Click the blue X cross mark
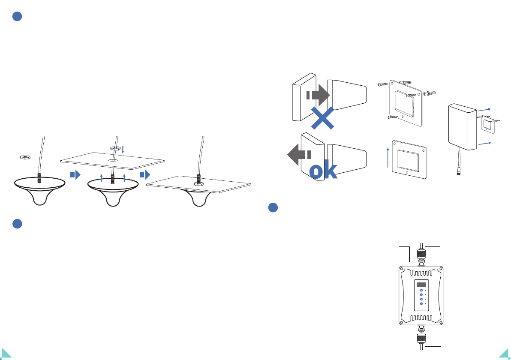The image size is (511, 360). pyautogui.click(x=322, y=118)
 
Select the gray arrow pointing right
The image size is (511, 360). pyautogui.click(x=318, y=95)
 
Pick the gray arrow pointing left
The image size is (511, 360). pyautogui.click(x=299, y=155)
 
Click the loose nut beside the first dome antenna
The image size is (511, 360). pyautogui.click(x=25, y=157)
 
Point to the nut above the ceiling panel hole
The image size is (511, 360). pyautogui.click(x=115, y=148)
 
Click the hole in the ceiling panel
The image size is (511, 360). pyautogui.click(x=113, y=160)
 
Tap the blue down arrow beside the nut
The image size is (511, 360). pyautogui.click(x=123, y=150)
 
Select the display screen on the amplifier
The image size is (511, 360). pyautogui.click(x=421, y=285)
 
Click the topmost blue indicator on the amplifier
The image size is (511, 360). pyautogui.click(x=421, y=290)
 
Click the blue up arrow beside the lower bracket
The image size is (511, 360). pyautogui.click(x=388, y=158)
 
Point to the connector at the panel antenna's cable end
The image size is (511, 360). pyautogui.click(x=459, y=171)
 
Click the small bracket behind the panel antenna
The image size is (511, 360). pyautogui.click(x=488, y=124)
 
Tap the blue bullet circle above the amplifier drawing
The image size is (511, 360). pyautogui.click(x=273, y=207)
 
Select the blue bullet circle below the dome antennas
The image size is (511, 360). pyautogui.click(x=17, y=224)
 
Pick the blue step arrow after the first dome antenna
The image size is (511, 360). pyautogui.click(x=75, y=174)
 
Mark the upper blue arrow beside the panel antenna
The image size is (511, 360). pyautogui.click(x=484, y=110)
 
